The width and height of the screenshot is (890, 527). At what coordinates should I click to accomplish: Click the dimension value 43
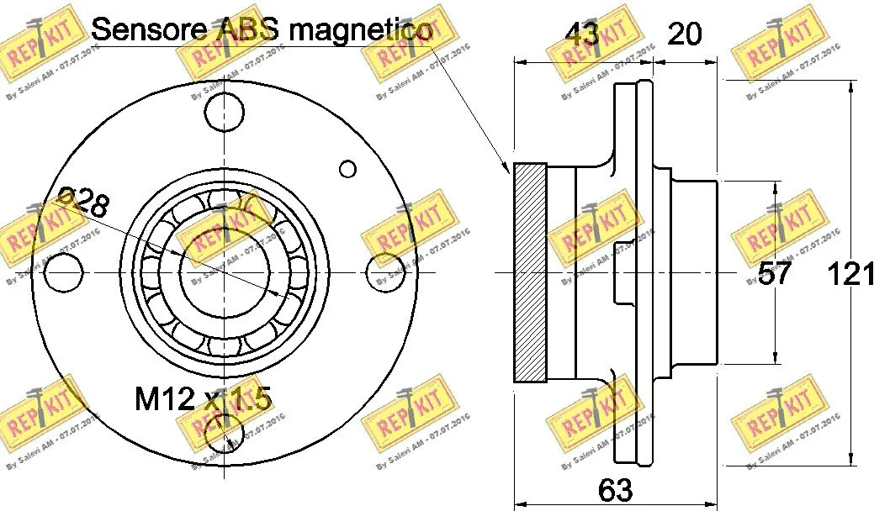[581, 34]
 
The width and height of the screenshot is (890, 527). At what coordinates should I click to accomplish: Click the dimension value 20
[684, 34]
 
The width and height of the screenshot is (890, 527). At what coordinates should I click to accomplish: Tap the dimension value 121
[851, 273]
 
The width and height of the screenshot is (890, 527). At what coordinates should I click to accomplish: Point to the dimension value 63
[616, 489]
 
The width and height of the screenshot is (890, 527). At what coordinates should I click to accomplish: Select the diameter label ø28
[82, 203]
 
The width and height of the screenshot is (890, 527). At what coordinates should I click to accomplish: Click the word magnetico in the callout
[362, 29]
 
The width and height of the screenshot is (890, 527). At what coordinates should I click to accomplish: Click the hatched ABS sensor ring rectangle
[530, 273]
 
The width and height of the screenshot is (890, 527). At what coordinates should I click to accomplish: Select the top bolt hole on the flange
[225, 111]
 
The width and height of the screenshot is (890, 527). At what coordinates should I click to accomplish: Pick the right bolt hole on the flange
[387, 273]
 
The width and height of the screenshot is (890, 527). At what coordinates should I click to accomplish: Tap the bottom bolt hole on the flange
[225, 434]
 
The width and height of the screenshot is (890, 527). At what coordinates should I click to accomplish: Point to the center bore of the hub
[225, 273]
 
